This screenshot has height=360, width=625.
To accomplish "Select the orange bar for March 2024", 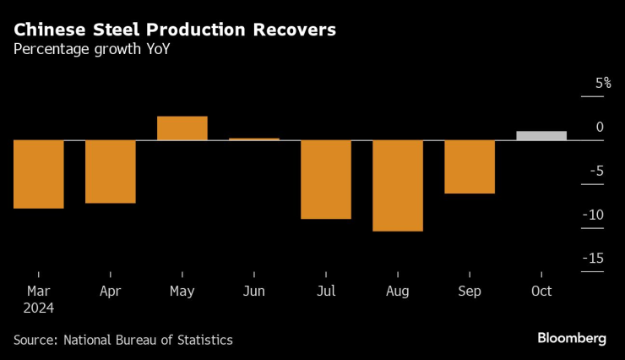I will [39, 173].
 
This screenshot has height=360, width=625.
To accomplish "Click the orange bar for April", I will [111, 171].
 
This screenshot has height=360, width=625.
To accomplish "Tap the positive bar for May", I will [182, 128].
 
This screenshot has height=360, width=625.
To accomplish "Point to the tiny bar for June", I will [254, 139].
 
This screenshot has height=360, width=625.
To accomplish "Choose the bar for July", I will [326, 179].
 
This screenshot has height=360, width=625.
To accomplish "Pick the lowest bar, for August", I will [398, 185].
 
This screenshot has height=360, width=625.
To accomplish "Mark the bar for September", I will [470, 166].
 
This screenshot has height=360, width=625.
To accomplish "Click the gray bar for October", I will [541, 135].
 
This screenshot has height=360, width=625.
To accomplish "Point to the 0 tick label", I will [600, 128].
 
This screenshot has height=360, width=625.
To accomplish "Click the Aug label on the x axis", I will [398, 292].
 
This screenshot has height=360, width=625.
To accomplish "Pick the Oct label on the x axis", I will [541, 292].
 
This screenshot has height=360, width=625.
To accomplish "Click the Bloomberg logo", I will [572, 338].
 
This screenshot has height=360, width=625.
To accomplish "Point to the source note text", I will [122, 340].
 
